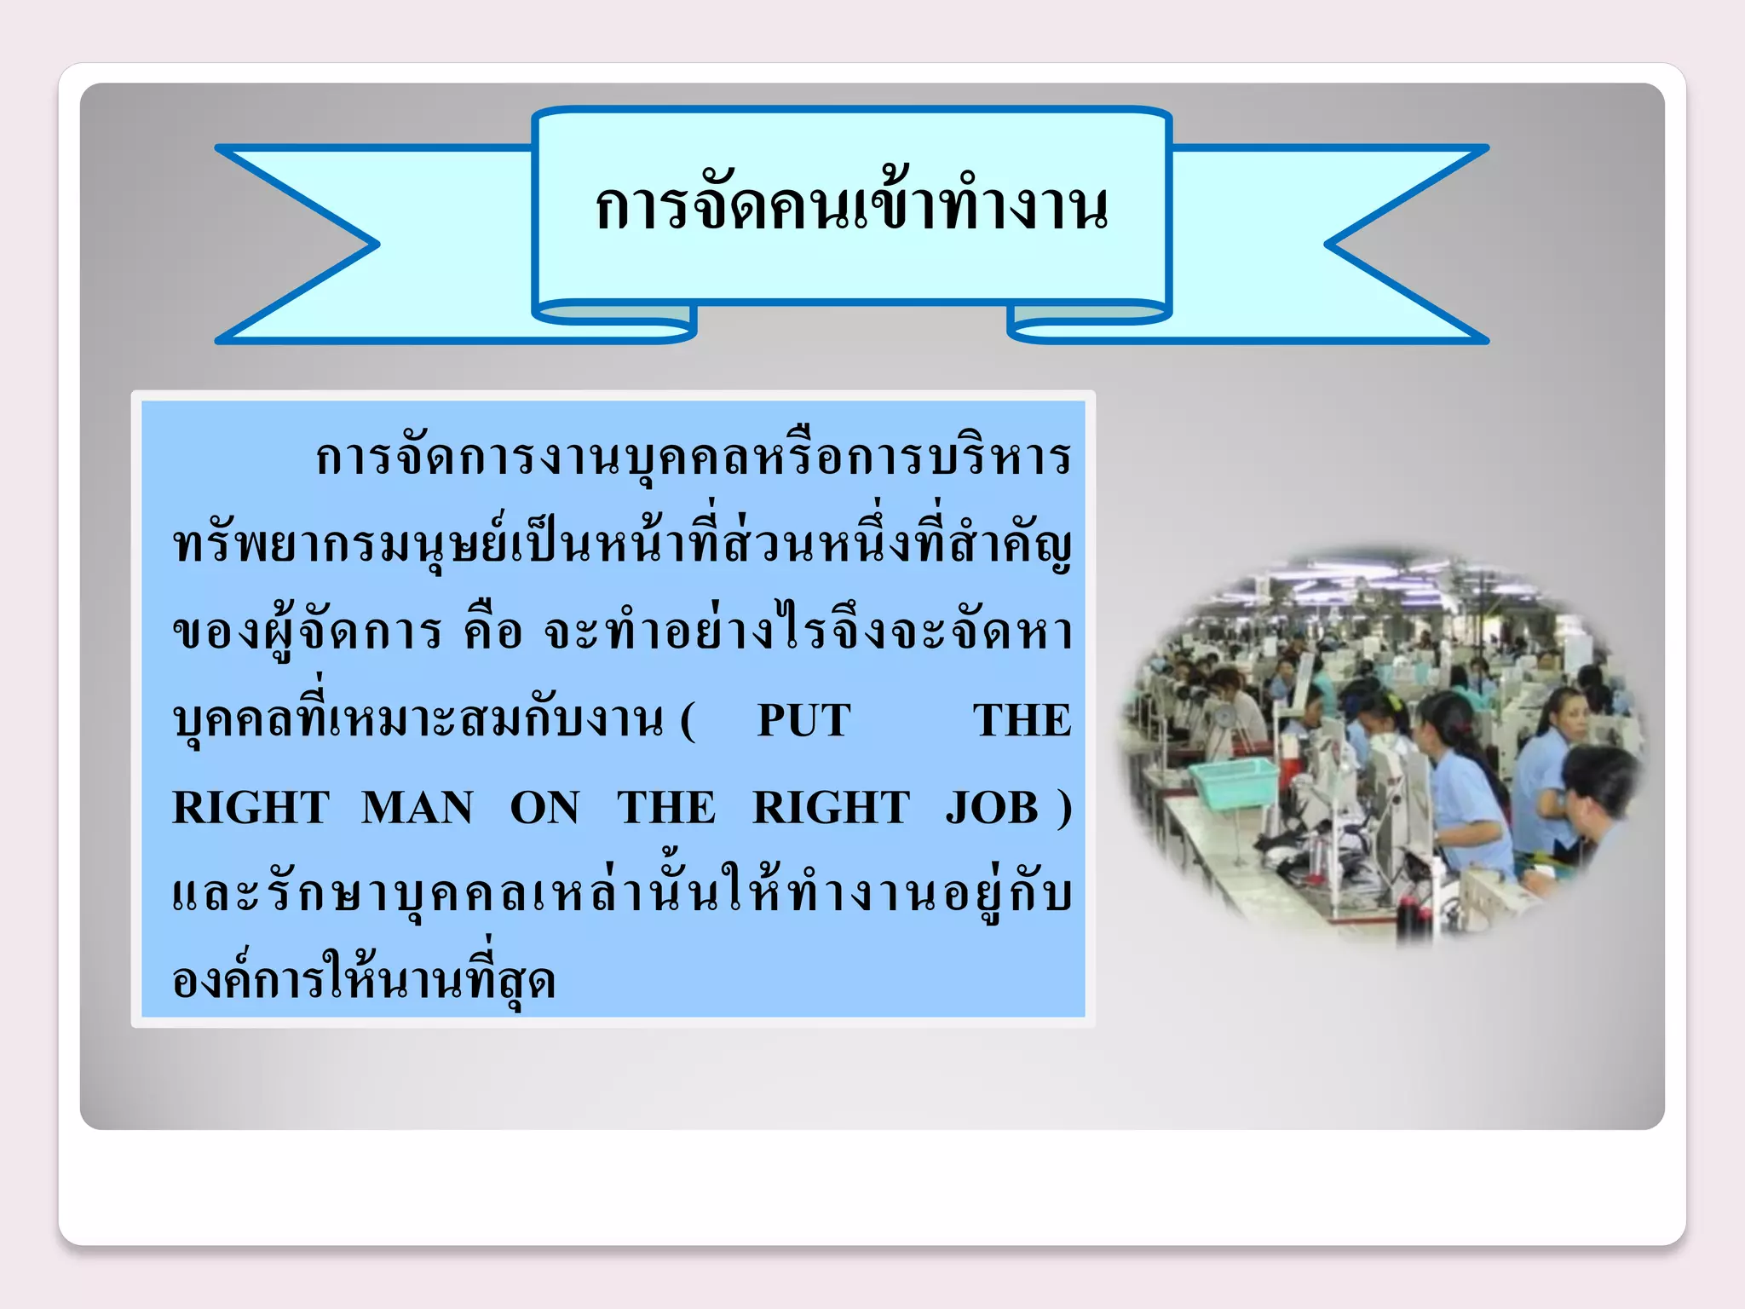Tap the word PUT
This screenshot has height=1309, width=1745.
[x=803, y=721]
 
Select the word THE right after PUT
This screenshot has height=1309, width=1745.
[x=1022, y=721]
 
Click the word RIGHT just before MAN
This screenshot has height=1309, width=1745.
[x=251, y=808]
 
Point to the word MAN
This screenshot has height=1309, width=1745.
[x=417, y=808]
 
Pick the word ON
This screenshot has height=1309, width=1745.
[x=544, y=808]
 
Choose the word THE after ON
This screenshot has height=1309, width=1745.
[x=666, y=808]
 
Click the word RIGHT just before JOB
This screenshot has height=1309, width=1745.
[x=831, y=808]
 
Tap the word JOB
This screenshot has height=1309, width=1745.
[x=992, y=808]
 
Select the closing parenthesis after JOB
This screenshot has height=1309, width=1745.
[x=1063, y=808]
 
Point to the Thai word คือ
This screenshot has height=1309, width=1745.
[x=492, y=632]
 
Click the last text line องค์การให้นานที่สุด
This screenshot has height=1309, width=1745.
[x=364, y=980]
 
